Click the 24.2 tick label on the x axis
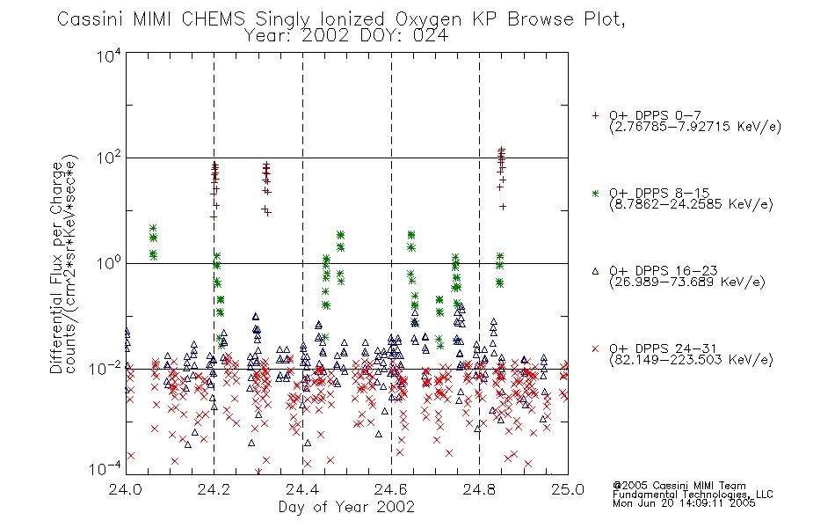pos(214,489)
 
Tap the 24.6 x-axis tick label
pos(391,489)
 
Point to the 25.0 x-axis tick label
pos(568,489)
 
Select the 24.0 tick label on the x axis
pos(125,489)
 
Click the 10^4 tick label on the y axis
pos(109,55)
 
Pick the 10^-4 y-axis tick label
pos(105,468)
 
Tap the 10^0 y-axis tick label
pos(109,262)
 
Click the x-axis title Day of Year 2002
pos(346,507)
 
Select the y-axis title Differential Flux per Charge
pos(56,268)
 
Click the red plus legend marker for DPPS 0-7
pos(595,114)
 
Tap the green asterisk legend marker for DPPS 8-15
pos(595,193)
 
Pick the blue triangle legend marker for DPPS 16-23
pos(595,271)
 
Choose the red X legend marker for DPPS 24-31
pos(595,348)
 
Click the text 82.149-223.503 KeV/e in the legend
pos(691,360)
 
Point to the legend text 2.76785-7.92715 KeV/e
pos(695,127)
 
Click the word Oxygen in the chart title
pos(429,19)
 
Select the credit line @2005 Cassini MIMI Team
pos(679,486)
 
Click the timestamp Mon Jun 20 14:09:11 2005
pos(684,503)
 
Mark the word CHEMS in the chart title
pos(214,19)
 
